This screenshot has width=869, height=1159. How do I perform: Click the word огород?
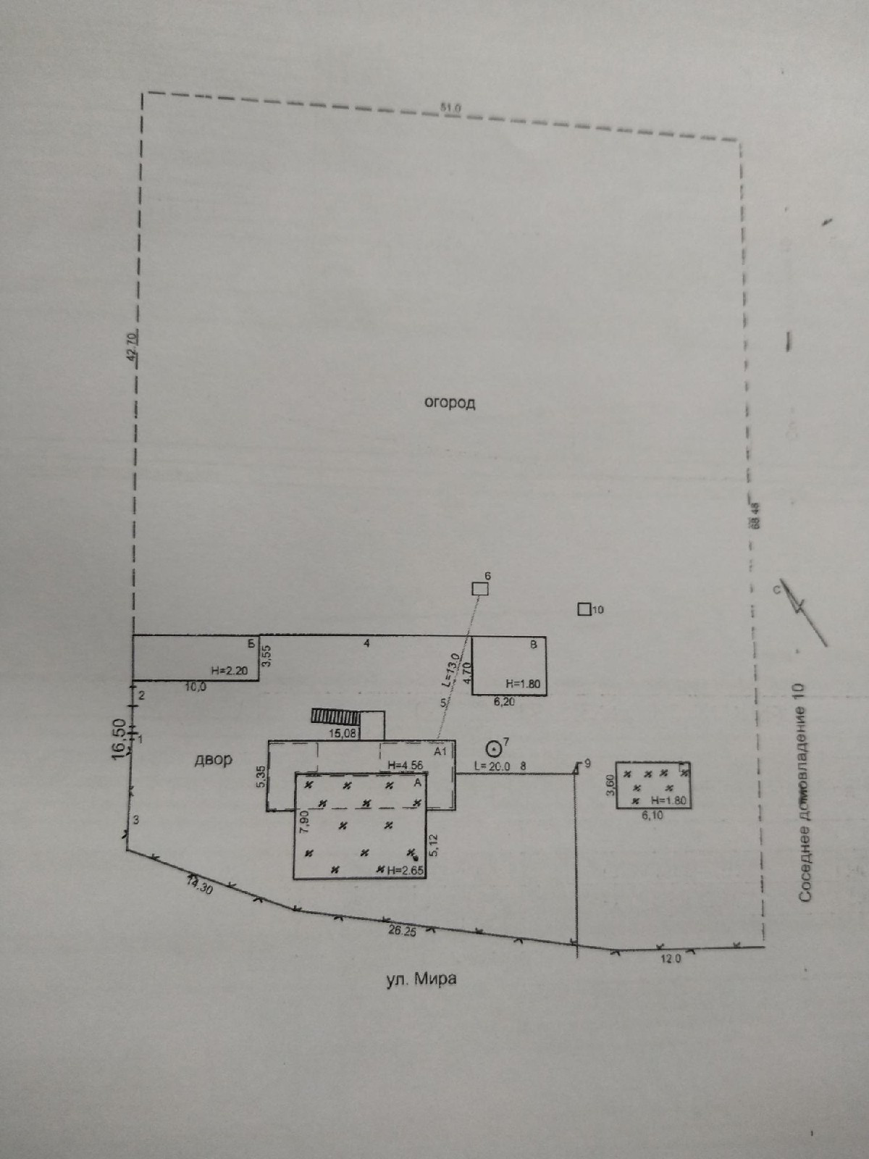[450, 403]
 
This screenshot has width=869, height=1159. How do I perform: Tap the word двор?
[214, 760]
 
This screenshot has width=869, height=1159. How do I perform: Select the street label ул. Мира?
[421, 979]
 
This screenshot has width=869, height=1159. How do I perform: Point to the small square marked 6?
[479, 589]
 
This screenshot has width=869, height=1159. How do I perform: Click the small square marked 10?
[584, 609]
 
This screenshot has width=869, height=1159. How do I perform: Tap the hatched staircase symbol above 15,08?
[335, 716]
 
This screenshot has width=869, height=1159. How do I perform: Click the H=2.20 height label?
[229, 671]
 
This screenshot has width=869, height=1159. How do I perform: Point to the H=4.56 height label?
[405, 765]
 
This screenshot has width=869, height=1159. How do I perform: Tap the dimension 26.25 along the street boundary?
[402, 931]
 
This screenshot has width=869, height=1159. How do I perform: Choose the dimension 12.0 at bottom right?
[671, 958]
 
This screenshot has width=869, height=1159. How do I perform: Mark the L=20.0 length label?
[492, 766]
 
